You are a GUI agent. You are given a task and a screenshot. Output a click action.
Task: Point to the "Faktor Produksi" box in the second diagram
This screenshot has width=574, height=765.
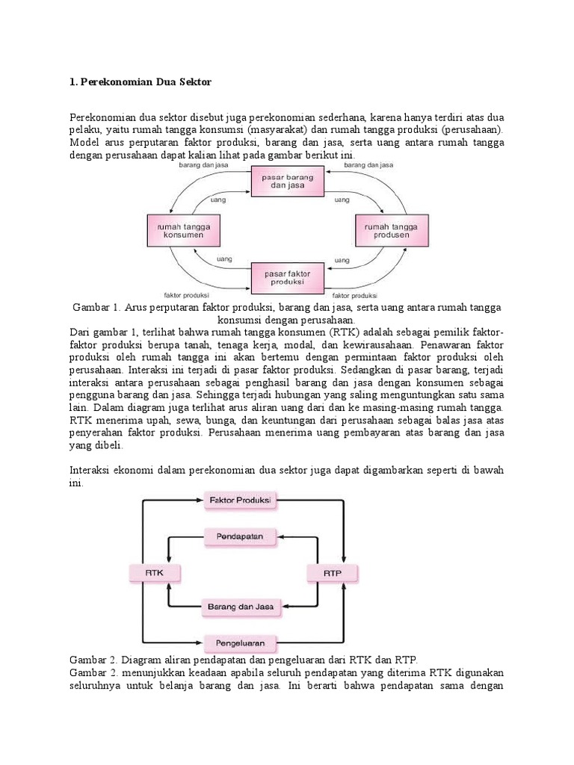tap(240, 499)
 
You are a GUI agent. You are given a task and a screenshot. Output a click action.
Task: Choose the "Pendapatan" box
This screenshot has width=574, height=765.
tap(240, 536)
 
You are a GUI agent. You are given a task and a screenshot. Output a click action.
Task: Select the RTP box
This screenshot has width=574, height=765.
tap(333, 572)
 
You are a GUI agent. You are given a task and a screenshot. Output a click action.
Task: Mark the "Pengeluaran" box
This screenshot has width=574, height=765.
tap(240, 642)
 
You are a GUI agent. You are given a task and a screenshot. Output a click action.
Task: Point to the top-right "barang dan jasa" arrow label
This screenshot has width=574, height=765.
tap(367, 164)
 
